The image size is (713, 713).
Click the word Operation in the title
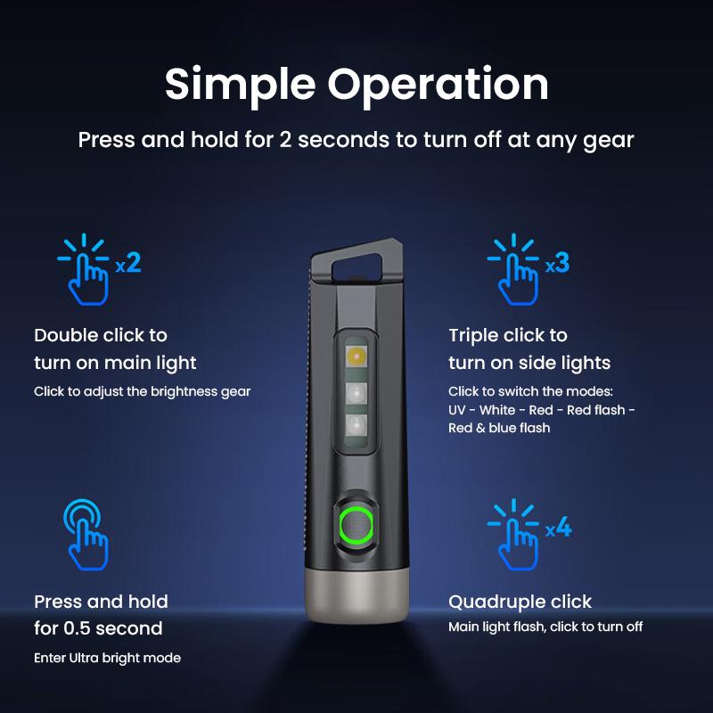(438, 84)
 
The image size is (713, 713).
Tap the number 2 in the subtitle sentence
(286, 140)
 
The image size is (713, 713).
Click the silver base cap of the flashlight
(356, 593)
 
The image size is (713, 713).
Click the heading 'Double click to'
(101, 335)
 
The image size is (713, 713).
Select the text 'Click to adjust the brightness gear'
(143, 391)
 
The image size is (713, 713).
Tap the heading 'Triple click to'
(508, 335)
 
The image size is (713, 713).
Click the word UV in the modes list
(458, 410)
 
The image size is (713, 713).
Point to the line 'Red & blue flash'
(499, 428)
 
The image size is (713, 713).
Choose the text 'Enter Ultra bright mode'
(107, 658)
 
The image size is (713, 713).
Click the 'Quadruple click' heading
(520, 602)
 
